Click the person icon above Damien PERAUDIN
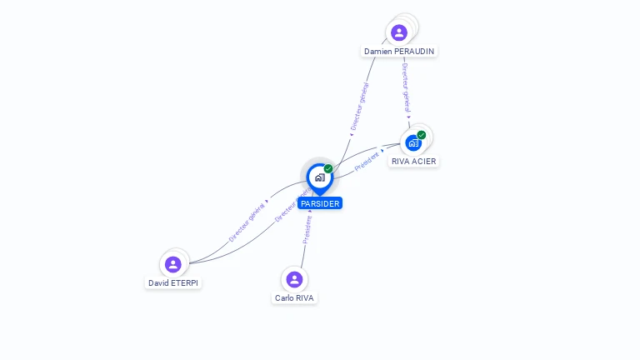click(399, 32)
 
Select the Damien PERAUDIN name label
click(399, 51)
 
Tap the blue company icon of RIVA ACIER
click(413, 142)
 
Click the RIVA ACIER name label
click(413, 161)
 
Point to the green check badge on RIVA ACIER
click(422, 135)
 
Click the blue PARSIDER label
click(320, 203)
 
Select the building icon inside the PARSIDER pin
click(319, 177)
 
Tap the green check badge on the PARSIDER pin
click(328, 169)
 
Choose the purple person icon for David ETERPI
click(173, 264)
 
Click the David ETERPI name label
click(174, 282)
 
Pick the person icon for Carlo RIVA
click(294, 279)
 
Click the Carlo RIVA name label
click(295, 297)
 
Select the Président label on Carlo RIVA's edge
click(307, 229)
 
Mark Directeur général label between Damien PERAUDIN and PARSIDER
click(359, 107)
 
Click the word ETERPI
click(187, 282)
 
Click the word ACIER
click(424, 161)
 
